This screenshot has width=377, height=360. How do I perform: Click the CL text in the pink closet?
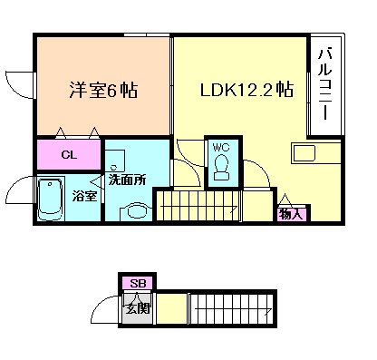[x=68, y=154]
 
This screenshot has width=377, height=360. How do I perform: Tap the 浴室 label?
[x=85, y=194]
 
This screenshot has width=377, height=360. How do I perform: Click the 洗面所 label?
[x=127, y=179]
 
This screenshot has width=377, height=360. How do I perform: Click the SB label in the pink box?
[x=137, y=284]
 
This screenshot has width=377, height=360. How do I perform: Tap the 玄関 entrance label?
[x=137, y=308]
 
